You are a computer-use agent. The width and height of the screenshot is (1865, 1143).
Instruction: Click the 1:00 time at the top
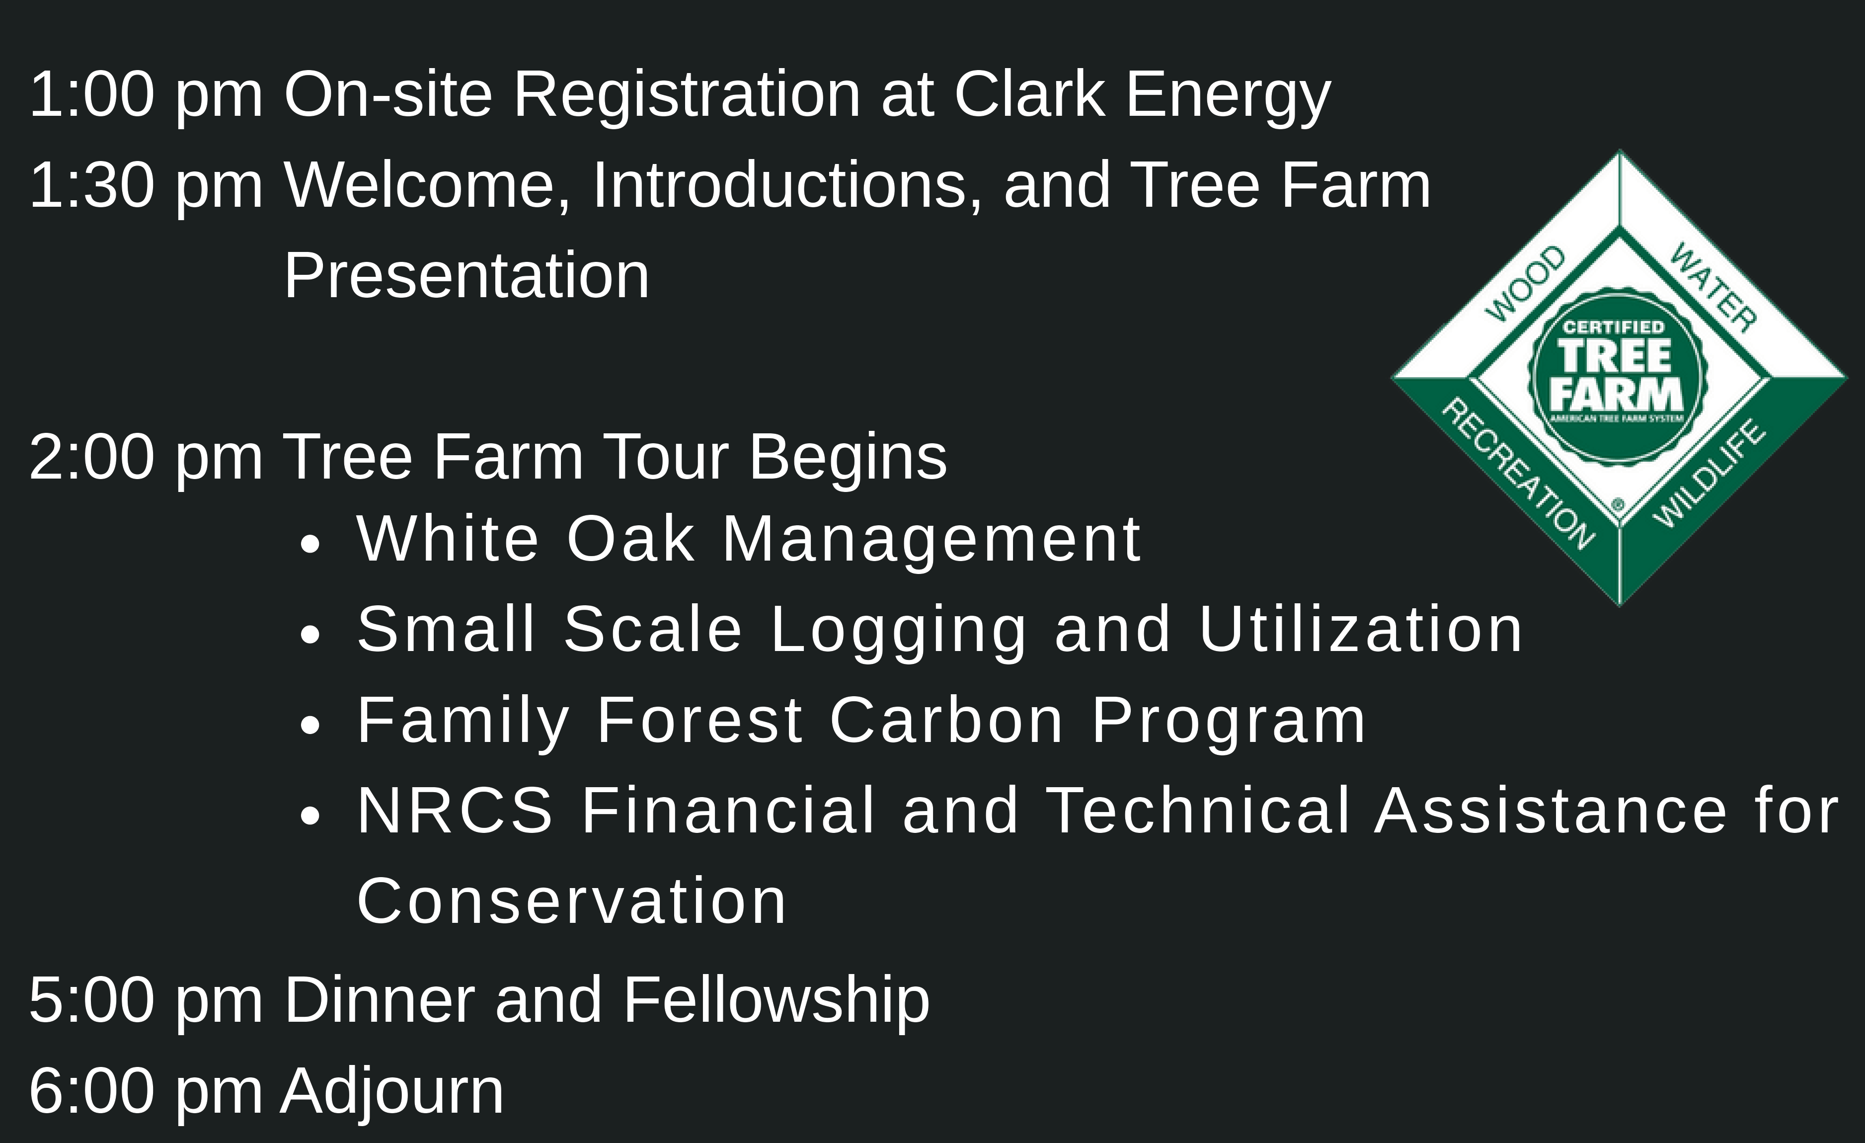(91, 94)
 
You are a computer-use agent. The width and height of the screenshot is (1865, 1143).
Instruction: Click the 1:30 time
(91, 185)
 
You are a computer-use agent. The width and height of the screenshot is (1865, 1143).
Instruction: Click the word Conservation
(571, 901)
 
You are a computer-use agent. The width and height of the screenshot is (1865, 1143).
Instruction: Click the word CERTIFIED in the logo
(1614, 327)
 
